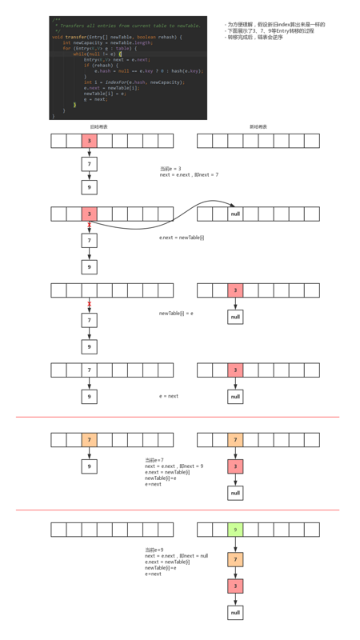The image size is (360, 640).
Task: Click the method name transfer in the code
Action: tap(77, 37)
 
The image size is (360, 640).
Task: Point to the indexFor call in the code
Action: tap(114, 82)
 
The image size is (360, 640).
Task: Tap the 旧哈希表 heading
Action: tap(98, 127)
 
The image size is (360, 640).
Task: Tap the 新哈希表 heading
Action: tap(258, 127)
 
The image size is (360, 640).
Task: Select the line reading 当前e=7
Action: tap(154, 460)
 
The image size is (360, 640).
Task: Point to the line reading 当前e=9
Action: tap(154, 550)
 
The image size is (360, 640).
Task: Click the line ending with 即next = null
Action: tap(177, 555)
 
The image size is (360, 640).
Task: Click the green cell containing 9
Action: tap(235, 530)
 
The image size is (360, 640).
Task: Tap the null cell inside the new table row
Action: tap(235, 214)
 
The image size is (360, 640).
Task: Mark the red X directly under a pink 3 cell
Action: tap(90, 226)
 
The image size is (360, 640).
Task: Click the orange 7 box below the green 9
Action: tap(235, 559)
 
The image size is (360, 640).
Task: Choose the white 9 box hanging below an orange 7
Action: tap(90, 466)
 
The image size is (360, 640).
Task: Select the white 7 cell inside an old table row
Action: tap(90, 370)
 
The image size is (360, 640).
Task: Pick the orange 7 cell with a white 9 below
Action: tap(90, 440)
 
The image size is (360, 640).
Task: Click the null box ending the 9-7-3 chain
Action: tap(235, 613)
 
